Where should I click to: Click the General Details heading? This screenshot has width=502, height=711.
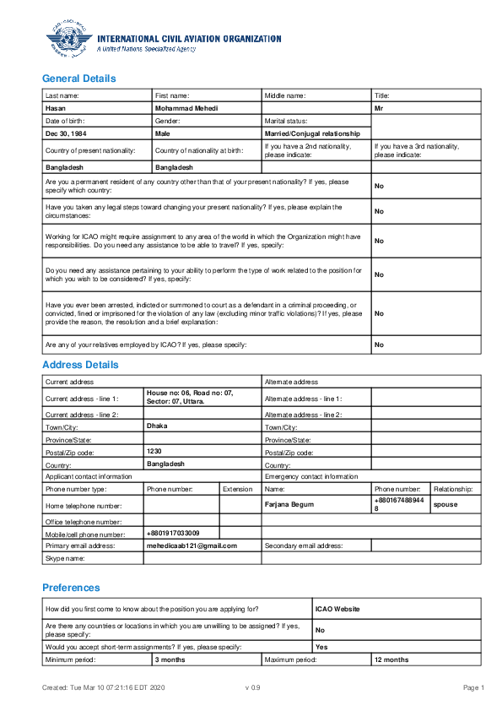79,79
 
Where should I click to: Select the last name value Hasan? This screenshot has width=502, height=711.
56,109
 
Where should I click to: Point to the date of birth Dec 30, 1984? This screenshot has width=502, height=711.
66,133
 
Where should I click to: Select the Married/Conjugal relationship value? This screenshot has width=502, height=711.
312,133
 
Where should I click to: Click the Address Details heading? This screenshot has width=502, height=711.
80,365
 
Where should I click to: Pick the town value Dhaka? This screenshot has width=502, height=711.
157,426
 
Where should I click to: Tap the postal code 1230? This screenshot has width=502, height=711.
154,452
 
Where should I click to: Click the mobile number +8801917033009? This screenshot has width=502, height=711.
173,533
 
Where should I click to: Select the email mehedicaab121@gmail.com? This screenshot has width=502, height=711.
192,545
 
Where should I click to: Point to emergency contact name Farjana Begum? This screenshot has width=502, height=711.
289,504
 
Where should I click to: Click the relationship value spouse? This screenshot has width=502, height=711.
445,504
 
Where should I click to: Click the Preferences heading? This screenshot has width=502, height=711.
71,587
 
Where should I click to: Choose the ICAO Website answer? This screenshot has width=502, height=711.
337,608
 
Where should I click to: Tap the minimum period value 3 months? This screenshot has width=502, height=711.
170,659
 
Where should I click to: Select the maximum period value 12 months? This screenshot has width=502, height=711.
391,659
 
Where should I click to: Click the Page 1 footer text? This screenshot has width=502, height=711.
472,688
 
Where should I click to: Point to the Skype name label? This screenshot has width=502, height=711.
65,558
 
